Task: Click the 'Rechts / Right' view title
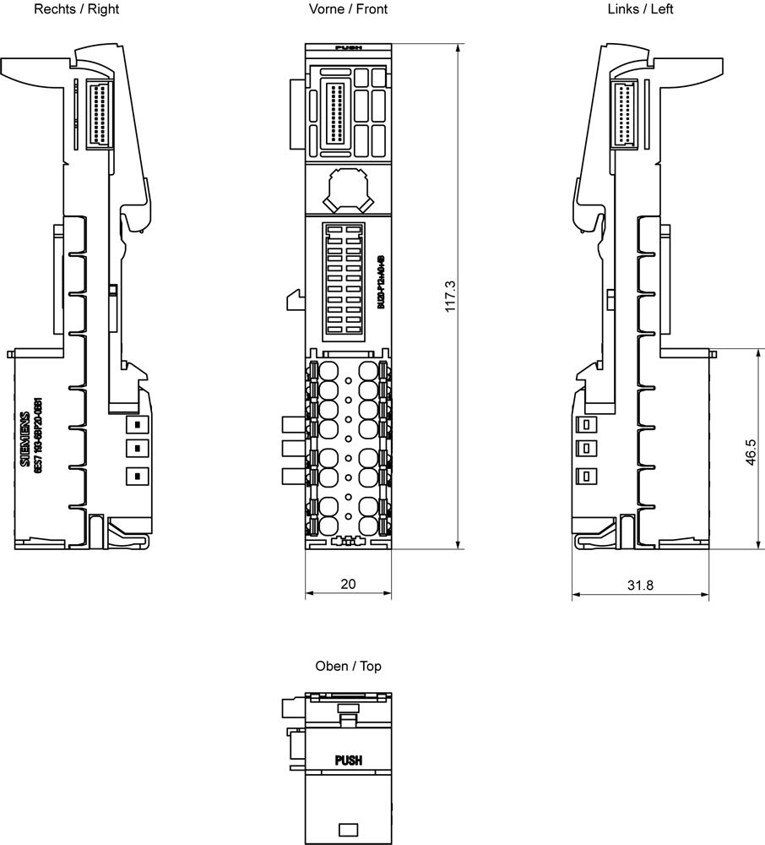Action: tap(77, 9)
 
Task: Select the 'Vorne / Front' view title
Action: tap(349, 9)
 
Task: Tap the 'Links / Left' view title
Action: tap(640, 9)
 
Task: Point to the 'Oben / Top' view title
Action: tap(348, 666)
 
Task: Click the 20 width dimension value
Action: tap(348, 584)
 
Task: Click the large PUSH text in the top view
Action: tap(349, 760)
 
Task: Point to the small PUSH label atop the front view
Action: tap(348, 48)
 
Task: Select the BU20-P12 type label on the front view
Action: tap(381, 281)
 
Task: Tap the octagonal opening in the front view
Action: tap(349, 188)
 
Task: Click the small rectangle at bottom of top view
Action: tap(348, 829)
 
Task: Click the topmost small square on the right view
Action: tap(133, 422)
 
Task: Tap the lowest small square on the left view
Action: tap(583, 476)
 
